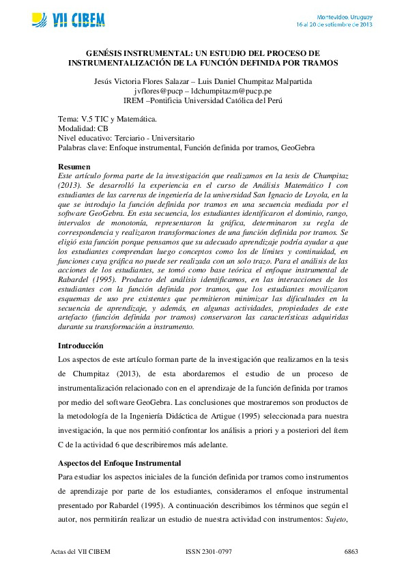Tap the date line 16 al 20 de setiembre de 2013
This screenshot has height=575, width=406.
pos(334,24)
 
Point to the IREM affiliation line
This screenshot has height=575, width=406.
pos(203,100)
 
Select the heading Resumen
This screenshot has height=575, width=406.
pos(74,167)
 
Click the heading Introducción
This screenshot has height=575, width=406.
pos(81,346)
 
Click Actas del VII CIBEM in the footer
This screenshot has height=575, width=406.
pos(81,550)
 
